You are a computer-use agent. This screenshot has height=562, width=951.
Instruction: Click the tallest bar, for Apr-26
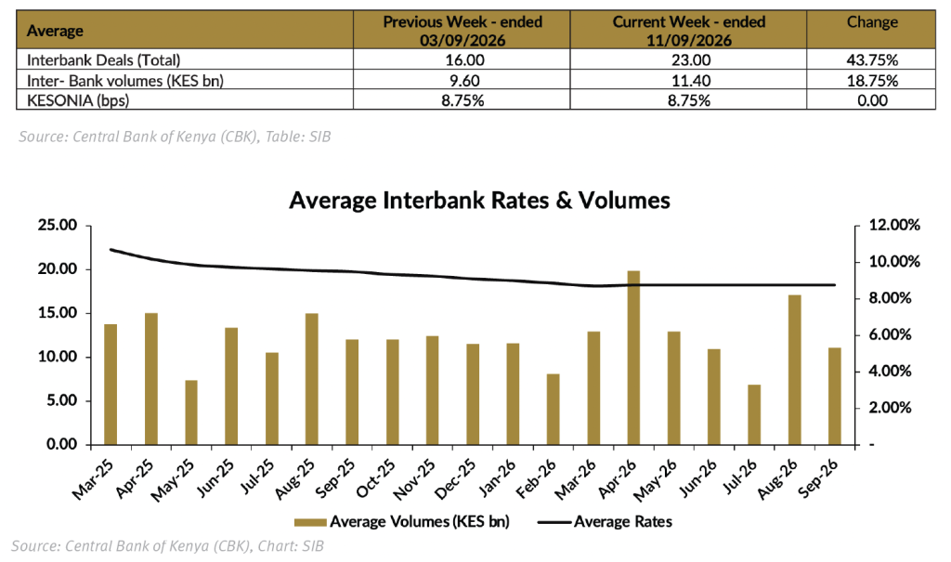(633, 358)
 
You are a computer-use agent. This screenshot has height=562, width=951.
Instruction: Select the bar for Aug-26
(795, 370)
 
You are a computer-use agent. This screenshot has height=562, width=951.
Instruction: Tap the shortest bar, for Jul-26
(754, 414)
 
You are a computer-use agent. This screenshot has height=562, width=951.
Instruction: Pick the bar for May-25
(191, 412)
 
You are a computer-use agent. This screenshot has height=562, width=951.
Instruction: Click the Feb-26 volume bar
(554, 409)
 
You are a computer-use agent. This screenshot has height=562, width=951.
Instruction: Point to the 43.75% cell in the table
(872, 60)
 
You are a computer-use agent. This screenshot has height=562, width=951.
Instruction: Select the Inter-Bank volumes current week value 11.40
(689, 80)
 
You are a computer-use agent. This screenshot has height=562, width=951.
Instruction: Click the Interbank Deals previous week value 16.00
(462, 60)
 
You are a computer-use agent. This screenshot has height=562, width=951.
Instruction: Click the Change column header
(872, 22)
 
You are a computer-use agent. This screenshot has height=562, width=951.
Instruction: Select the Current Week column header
(689, 31)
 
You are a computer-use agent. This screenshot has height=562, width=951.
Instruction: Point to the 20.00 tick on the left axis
(58, 269)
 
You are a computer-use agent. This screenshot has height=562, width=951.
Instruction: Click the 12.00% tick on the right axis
(894, 225)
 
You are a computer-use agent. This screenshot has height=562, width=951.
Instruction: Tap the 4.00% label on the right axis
(891, 371)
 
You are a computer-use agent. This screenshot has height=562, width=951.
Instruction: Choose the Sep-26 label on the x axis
(819, 477)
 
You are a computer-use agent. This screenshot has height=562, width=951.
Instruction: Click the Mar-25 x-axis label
(92, 478)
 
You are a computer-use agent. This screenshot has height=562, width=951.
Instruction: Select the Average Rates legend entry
(606, 521)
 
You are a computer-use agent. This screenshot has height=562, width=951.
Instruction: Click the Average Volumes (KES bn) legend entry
(402, 521)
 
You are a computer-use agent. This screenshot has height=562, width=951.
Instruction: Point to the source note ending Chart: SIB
(167, 546)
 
